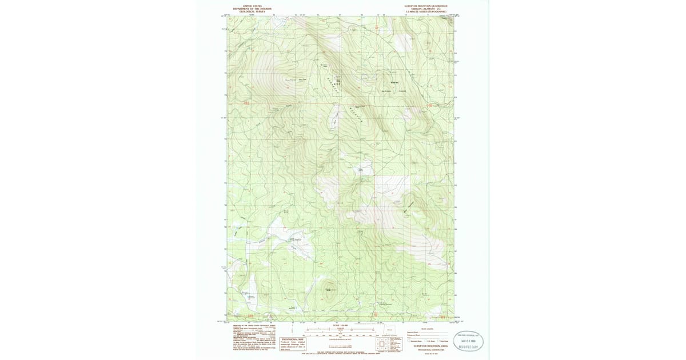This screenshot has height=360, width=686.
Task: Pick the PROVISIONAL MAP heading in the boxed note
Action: coord(293,339)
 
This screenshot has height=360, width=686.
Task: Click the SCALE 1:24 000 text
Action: coord(340,326)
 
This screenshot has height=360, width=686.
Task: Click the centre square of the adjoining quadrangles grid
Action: coord(382,344)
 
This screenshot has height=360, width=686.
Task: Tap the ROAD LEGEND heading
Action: coord(427,329)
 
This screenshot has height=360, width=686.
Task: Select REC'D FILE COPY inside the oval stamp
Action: coord(469,346)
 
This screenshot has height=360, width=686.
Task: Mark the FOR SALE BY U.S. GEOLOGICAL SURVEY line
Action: coord(341,354)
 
